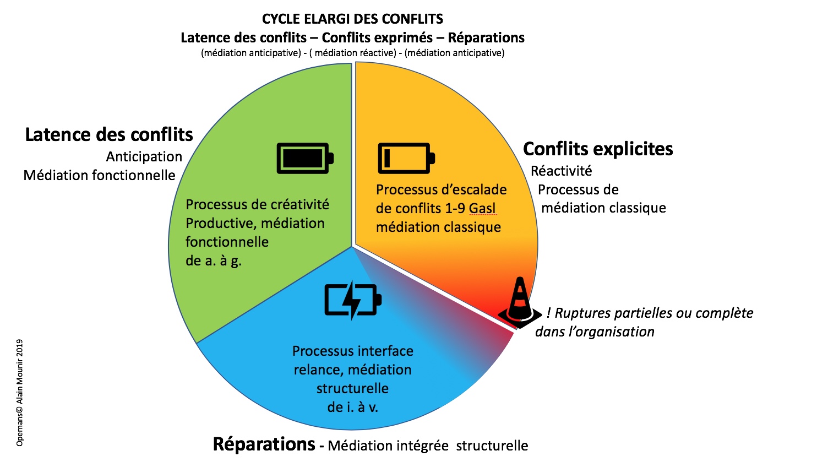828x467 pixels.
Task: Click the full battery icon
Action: click(305, 159)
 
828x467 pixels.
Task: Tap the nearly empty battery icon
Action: click(406, 159)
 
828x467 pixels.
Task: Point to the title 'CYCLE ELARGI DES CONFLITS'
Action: click(352, 19)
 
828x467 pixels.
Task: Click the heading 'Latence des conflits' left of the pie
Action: click(109, 135)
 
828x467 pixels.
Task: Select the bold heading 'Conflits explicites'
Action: click(598, 149)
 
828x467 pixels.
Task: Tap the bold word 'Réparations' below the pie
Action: click(264, 444)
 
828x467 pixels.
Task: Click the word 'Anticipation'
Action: click(144, 157)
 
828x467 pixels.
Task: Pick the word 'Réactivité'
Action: click(561, 171)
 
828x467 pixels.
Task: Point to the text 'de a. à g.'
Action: click(214, 261)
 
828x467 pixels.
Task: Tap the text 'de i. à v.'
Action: click(352, 408)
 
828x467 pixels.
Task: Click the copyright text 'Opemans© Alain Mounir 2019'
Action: click(20, 392)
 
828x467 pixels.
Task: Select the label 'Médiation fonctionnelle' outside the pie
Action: click(99, 176)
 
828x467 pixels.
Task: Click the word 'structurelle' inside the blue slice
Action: click(352, 389)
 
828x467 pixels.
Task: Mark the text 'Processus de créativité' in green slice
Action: click(257, 205)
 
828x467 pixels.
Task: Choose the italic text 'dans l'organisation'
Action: click(595, 332)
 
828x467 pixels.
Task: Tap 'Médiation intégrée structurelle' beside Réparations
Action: click(428, 446)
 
